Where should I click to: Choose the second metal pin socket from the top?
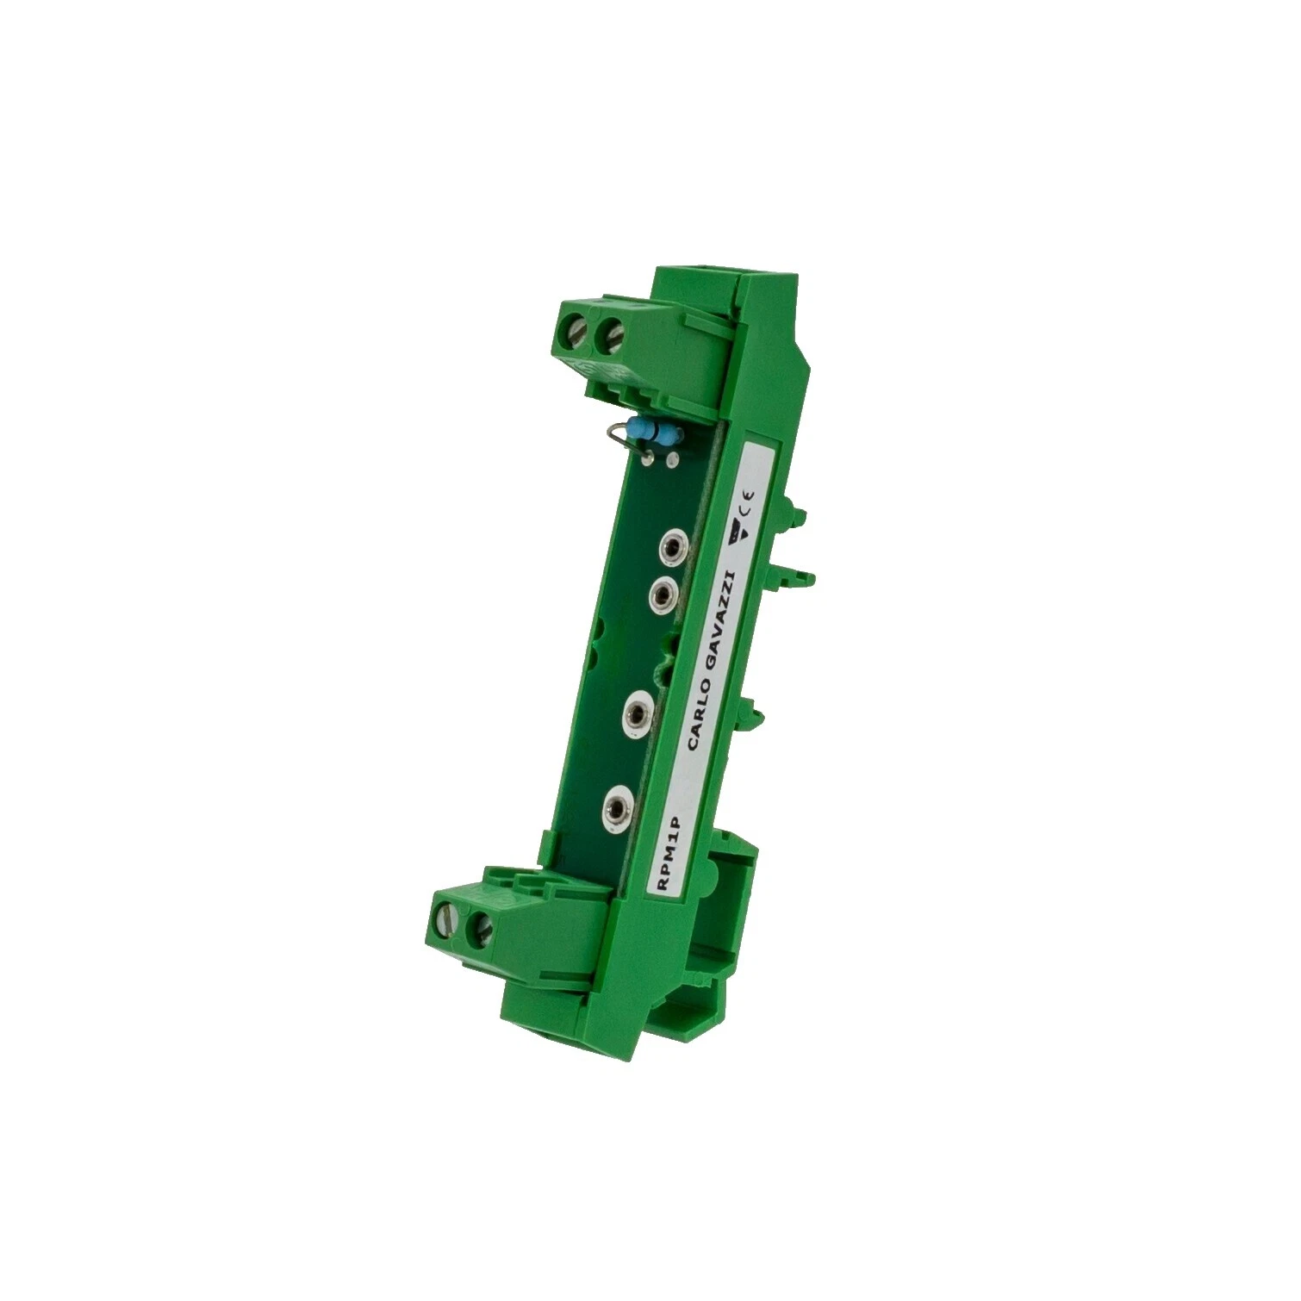(662, 594)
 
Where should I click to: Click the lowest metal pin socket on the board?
(617, 806)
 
